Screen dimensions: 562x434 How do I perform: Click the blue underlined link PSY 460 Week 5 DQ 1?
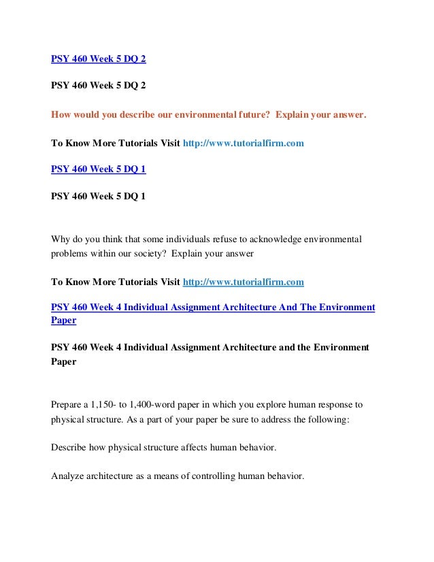click(x=99, y=170)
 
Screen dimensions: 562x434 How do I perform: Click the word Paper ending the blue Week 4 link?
click(x=63, y=320)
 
